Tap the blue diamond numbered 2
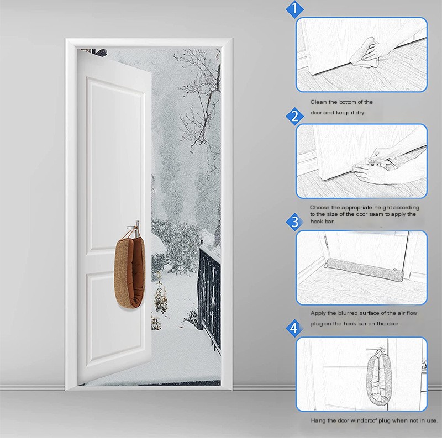[294, 116]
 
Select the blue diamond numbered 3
[294, 222]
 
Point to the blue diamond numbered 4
[294, 328]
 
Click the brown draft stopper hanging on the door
[130, 271]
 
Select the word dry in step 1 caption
[360, 113]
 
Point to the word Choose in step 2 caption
[320, 208]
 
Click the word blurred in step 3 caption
[349, 313]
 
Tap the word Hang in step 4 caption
[317, 420]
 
